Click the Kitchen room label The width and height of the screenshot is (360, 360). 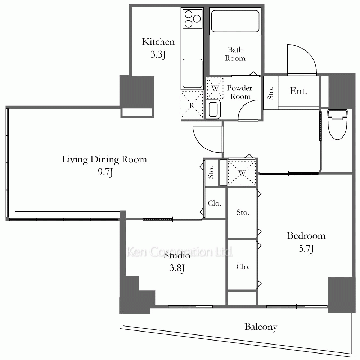[x=158, y=42]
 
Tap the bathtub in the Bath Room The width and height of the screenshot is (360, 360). [x=235, y=21]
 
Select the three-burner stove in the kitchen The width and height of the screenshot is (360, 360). [x=192, y=19]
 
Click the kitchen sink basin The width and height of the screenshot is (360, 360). [x=192, y=73]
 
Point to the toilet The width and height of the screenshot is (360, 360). [x=337, y=124]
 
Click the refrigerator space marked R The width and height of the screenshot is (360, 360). [x=192, y=105]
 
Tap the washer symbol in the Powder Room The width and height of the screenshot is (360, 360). [x=215, y=88]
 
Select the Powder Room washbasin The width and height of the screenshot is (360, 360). [x=213, y=109]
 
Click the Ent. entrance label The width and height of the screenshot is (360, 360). [x=298, y=91]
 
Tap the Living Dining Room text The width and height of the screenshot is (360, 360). [x=104, y=159]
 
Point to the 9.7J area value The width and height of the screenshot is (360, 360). [x=105, y=172]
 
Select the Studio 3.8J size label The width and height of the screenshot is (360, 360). [x=177, y=268]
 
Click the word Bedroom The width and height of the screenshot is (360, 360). [x=306, y=236]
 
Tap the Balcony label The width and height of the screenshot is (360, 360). [x=261, y=327]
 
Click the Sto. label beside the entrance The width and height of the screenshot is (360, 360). [x=271, y=93]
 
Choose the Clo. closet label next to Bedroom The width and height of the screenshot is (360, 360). [x=243, y=266]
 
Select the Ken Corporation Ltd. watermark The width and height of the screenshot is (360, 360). [x=180, y=252]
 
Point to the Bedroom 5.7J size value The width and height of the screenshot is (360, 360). [x=306, y=249]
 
